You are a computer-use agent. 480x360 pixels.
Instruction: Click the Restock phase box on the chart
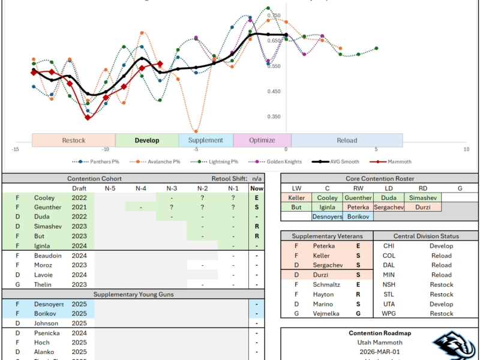(x=74, y=140)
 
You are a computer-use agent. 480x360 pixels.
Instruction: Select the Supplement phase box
(x=206, y=140)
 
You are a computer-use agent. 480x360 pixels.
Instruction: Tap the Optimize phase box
(x=262, y=140)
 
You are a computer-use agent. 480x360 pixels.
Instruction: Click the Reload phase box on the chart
(x=347, y=140)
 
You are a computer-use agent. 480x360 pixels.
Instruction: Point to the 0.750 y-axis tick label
(x=274, y=16)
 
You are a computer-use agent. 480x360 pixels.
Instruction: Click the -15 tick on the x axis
(x=16, y=149)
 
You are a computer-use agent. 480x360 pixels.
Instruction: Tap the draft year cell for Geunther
(x=79, y=207)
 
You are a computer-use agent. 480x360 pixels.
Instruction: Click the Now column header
(x=257, y=188)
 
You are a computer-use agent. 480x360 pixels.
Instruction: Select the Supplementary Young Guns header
(x=133, y=294)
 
